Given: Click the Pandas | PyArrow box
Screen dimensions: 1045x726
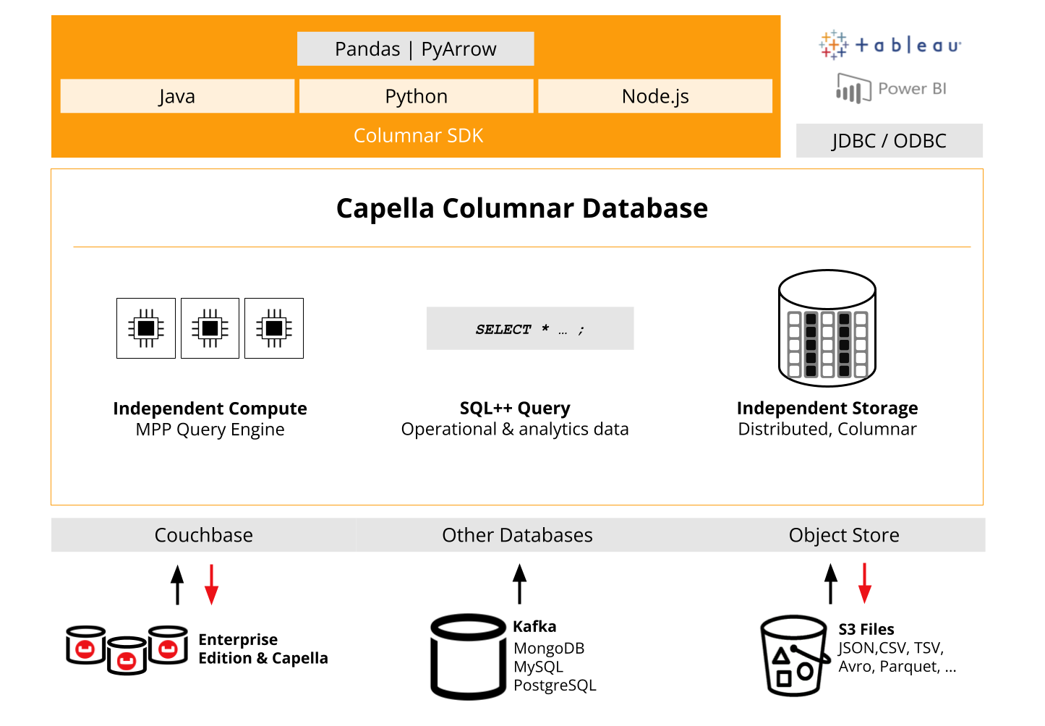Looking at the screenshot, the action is pyautogui.click(x=415, y=49).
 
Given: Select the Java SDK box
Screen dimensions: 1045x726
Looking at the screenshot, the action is pyautogui.click(x=177, y=96).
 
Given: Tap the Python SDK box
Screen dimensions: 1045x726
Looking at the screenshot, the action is pyautogui.click(x=416, y=96).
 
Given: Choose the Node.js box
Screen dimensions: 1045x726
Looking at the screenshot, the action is pyautogui.click(x=655, y=96).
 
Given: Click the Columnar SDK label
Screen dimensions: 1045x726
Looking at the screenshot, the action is pyautogui.click(x=418, y=135).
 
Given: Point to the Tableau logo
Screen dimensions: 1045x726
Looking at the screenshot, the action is pyautogui.click(x=890, y=46).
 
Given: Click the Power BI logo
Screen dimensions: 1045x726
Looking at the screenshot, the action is pyautogui.click(x=891, y=88).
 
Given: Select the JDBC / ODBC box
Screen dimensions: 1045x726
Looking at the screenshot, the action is pyautogui.click(x=890, y=140).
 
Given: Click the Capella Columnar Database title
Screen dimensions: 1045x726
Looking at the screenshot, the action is pyautogui.click(x=522, y=208).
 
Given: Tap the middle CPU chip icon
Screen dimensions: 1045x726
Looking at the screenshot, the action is pyautogui.click(x=210, y=328).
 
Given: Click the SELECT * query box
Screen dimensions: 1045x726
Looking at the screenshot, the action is pyautogui.click(x=530, y=328).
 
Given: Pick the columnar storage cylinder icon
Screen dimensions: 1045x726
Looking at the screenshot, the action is pyautogui.click(x=827, y=328).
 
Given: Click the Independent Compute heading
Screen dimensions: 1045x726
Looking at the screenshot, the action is pyautogui.click(x=210, y=409).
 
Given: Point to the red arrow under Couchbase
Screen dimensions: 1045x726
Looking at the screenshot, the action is pyautogui.click(x=211, y=584).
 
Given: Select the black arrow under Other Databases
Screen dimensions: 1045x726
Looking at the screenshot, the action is pyautogui.click(x=519, y=584).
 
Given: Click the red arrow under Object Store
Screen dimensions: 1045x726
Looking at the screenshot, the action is pyautogui.click(x=864, y=584).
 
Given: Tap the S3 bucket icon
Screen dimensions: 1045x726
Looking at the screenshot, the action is pyautogui.click(x=795, y=656).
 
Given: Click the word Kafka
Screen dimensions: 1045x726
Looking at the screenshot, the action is pyautogui.click(x=534, y=626).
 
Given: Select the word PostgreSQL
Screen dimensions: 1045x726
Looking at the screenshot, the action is pyautogui.click(x=555, y=685).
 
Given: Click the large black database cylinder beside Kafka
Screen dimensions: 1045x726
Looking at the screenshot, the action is pyautogui.click(x=468, y=657).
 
